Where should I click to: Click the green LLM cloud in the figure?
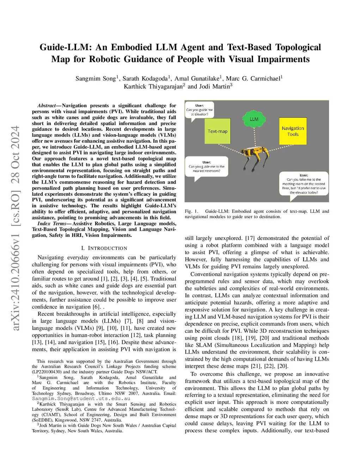tap(254, 119)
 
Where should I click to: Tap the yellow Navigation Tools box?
tap(293, 131)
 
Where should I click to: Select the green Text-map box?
tap(218, 131)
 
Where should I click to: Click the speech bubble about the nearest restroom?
tap(207, 167)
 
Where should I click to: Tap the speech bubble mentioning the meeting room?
tap(304, 184)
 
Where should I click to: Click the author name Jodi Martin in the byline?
tap(214, 87)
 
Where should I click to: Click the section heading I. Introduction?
tap(104, 248)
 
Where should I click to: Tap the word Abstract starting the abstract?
tap(47, 106)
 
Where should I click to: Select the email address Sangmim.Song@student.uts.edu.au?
tap(81, 398)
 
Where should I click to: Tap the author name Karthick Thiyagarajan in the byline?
tap(153, 87)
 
